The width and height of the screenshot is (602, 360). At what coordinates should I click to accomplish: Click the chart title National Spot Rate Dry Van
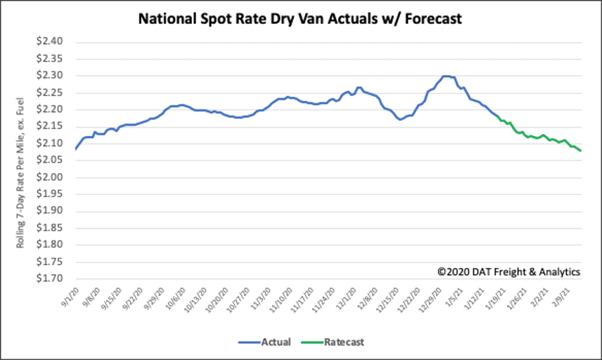300,19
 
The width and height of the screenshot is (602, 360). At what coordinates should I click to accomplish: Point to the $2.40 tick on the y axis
49,42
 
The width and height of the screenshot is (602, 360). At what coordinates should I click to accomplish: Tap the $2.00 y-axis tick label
49,177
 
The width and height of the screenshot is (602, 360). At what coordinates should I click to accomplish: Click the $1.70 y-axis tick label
49,279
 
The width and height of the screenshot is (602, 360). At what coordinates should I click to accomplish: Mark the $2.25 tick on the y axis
49,93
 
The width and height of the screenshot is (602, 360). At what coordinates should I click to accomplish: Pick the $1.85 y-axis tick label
49,228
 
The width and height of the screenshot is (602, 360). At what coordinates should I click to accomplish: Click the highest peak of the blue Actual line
447,76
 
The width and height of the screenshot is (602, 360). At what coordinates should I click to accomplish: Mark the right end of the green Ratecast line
581,150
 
